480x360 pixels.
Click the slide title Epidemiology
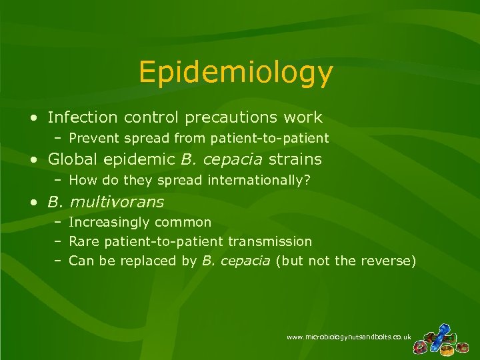(235, 73)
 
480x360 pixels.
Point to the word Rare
(83, 241)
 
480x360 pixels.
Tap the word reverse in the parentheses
(386, 261)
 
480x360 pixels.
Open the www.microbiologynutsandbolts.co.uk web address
(349, 337)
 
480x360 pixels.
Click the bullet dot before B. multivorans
(33, 201)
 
